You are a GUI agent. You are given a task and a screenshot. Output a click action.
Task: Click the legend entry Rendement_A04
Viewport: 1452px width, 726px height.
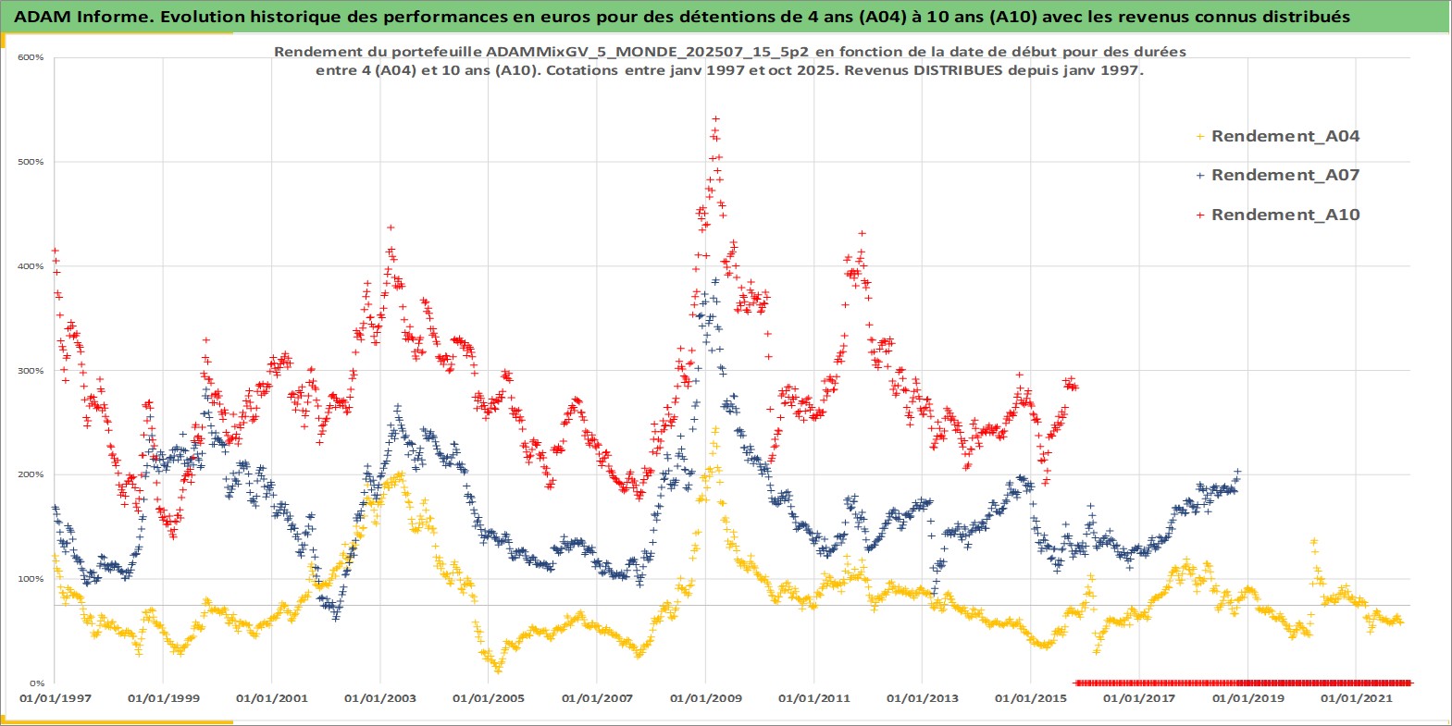[1284, 136]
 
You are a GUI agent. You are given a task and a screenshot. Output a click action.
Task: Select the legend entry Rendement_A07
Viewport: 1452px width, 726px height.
[1284, 175]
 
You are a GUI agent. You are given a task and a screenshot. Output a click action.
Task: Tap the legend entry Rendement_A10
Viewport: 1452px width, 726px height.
[1284, 215]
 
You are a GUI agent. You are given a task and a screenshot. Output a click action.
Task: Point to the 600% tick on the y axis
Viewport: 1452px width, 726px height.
[31, 57]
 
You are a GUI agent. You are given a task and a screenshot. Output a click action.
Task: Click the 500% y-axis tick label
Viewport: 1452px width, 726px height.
[31, 162]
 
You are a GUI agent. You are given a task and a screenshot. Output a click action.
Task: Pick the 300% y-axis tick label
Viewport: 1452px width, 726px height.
[31, 371]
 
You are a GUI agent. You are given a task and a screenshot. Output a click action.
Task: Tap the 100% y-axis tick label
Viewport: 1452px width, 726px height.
[31, 579]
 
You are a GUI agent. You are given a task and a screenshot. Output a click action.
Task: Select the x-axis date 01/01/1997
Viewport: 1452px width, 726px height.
[56, 698]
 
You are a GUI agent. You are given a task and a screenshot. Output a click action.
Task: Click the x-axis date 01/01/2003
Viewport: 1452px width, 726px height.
[380, 698]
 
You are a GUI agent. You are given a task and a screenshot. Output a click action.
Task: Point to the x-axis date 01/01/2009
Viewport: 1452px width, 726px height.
[706, 698]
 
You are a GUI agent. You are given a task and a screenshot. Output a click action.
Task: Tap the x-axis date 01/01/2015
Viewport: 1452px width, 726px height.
[1031, 698]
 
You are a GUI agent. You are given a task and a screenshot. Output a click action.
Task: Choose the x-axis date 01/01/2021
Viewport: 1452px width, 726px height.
[1357, 698]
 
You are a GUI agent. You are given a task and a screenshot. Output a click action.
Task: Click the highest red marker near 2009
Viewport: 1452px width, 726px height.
[715, 118]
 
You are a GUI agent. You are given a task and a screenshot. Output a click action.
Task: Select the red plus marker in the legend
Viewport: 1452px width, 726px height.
[1200, 215]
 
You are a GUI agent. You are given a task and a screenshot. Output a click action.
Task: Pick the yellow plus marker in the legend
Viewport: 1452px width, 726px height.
[1200, 137]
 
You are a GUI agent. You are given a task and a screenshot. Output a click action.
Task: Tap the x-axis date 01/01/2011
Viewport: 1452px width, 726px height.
[814, 698]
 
